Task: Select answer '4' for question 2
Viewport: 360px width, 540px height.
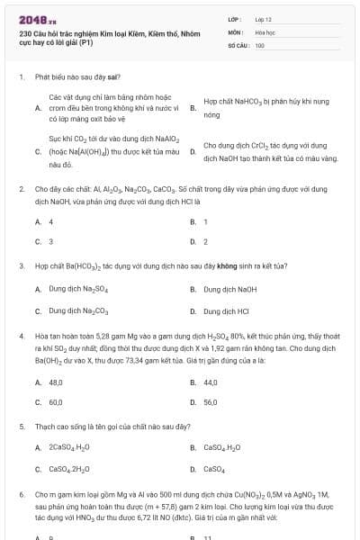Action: [50, 221]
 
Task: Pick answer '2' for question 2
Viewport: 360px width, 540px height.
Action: [206, 241]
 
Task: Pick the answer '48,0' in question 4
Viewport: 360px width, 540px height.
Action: [56, 382]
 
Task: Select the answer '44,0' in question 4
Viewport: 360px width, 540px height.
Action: [211, 382]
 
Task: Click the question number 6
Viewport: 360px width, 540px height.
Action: [21, 494]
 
